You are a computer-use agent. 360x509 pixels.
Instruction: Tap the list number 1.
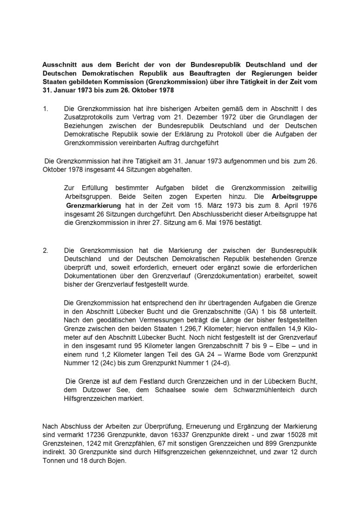pos(45,108)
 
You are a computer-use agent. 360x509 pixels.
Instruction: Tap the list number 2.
pos(45,250)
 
